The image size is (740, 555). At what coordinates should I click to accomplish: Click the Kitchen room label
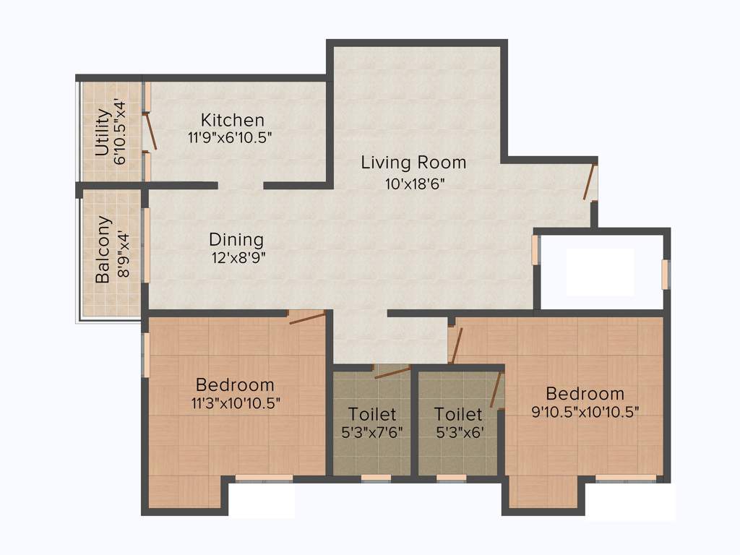click(232, 120)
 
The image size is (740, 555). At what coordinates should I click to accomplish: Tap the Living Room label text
click(413, 163)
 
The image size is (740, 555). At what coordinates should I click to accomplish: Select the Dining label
click(236, 239)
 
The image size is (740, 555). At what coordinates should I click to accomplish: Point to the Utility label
click(103, 132)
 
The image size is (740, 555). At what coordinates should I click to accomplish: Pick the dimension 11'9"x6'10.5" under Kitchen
click(229, 136)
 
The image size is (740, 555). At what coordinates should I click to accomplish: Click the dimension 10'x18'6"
click(414, 183)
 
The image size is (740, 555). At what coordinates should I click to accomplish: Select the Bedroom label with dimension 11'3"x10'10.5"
click(235, 384)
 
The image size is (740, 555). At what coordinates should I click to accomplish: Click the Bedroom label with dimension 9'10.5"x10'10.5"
click(585, 394)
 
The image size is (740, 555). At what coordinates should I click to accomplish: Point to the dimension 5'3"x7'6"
click(371, 432)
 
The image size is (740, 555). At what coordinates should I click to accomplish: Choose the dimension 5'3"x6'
click(457, 432)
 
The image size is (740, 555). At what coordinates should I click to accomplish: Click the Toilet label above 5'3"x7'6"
click(372, 415)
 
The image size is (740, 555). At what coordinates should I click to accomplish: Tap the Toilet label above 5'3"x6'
click(457, 415)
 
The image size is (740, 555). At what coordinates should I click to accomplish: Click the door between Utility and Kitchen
click(150, 132)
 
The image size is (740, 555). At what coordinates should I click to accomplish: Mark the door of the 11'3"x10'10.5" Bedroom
click(306, 317)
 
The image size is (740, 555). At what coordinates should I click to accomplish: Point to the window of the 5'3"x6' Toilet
click(452, 478)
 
